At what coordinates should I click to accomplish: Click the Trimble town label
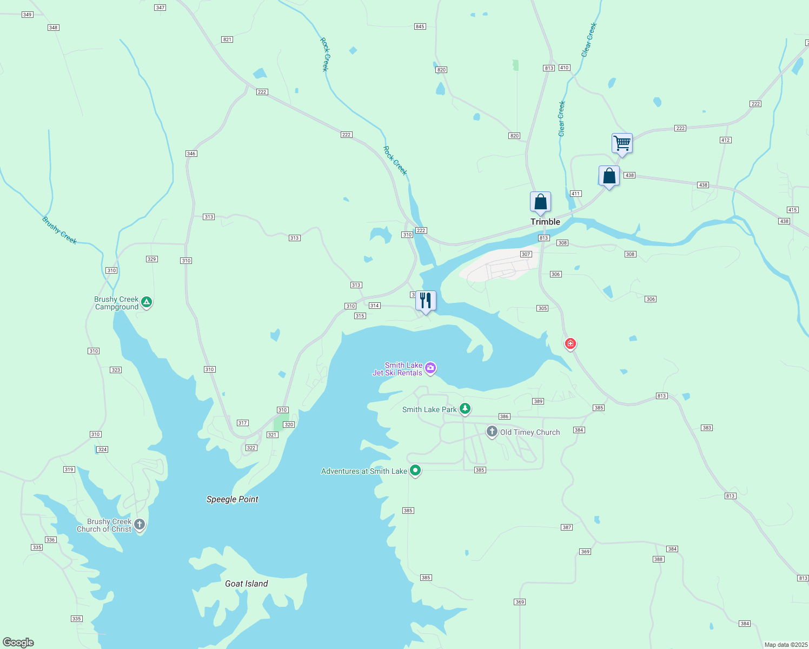545,222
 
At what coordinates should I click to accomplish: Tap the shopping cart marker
622,143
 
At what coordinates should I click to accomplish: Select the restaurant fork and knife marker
426,301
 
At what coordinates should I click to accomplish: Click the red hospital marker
570,344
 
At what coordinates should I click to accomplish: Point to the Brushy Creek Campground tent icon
146,302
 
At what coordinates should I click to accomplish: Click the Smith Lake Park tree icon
465,409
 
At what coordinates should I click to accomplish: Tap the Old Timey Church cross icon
492,432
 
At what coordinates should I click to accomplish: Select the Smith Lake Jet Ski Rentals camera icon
430,368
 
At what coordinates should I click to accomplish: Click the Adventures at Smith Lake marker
415,471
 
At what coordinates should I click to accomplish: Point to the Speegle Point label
233,499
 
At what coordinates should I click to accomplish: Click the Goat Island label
247,584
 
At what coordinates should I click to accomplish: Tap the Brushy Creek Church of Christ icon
140,524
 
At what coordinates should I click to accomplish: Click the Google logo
18,643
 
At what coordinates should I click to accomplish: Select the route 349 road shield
28,15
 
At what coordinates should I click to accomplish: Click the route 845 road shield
420,27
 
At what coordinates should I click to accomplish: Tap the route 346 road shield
191,154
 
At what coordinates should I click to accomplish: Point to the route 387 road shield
567,527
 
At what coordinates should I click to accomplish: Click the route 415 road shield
792,210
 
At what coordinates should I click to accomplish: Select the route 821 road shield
227,39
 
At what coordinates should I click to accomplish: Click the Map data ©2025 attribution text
786,645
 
